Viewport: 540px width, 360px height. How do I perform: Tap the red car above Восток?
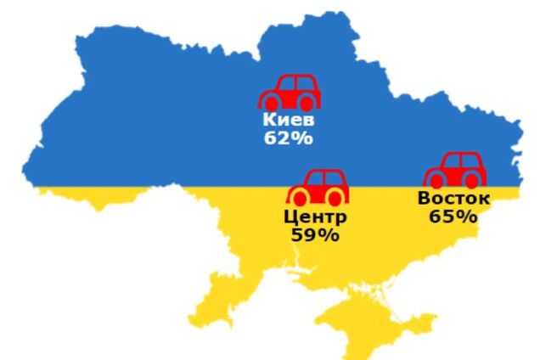[x=456, y=170]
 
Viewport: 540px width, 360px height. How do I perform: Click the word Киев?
[x=288, y=120]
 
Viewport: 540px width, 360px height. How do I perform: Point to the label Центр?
[x=315, y=217]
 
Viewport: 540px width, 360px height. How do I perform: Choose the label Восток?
[x=453, y=199]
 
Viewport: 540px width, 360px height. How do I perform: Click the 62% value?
[x=288, y=138]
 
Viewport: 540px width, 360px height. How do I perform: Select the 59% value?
[x=315, y=235]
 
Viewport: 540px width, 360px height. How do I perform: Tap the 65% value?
[x=453, y=217]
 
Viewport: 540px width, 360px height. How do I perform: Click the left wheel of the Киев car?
[x=270, y=102]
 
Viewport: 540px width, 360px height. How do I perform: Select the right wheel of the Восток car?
[x=472, y=180]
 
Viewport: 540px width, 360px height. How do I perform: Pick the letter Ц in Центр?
[x=290, y=217]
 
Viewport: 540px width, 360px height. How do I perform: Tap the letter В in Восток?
[x=423, y=199]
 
